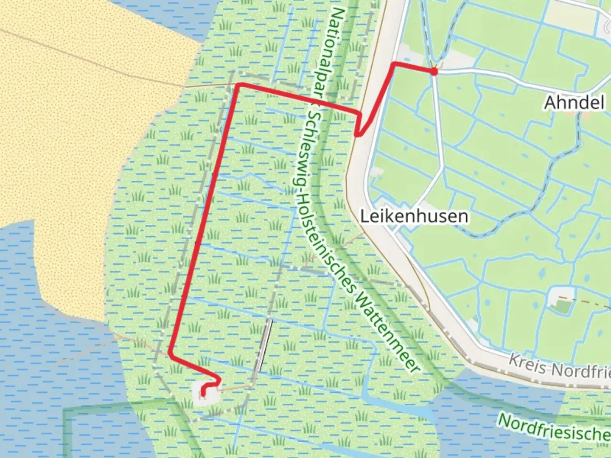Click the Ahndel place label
(x=574, y=103)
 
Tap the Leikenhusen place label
(x=414, y=216)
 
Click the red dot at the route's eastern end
(x=434, y=72)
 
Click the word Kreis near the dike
(x=526, y=364)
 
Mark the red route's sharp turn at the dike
(x=358, y=134)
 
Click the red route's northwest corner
(x=239, y=85)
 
